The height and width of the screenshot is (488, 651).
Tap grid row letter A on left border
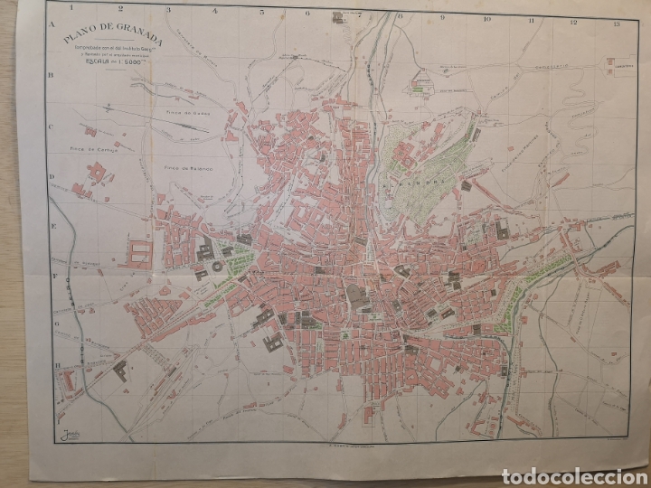point(54,24)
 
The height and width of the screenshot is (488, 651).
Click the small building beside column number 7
point(340,17)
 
